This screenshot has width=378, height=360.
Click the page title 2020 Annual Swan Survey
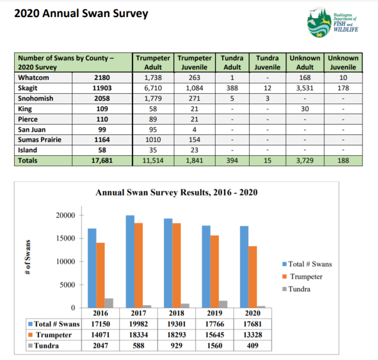81,13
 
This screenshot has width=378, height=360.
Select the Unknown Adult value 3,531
305,88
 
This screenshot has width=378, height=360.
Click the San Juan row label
32,129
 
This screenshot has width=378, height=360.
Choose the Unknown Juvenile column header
343,62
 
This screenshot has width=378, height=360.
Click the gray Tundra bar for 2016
109,303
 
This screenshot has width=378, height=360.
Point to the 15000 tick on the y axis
63,238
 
